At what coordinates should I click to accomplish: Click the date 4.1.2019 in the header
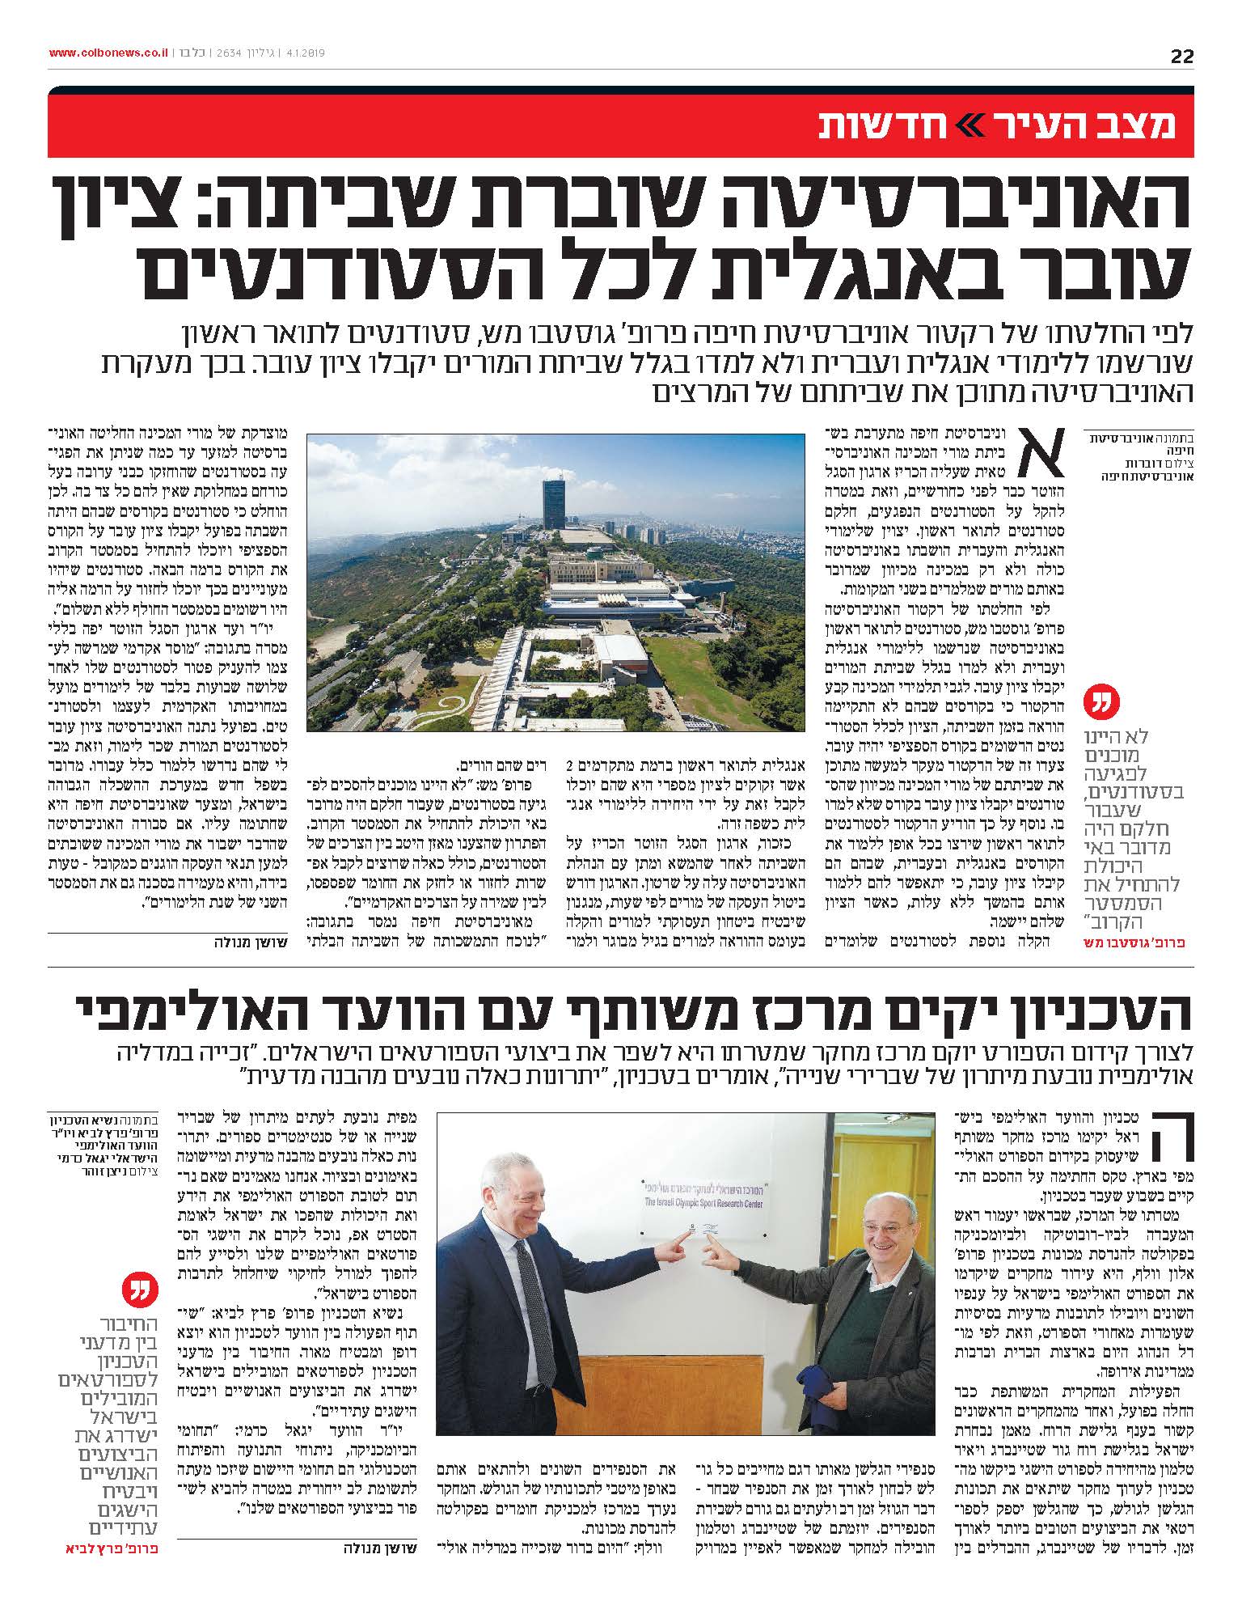pyautogui.click(x=302, y=53)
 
